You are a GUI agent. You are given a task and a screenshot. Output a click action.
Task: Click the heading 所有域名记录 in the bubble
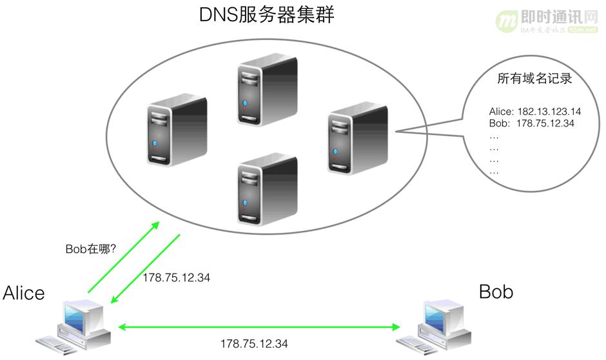click(535, 79)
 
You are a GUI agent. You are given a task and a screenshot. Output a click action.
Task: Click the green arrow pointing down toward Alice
click(146, 268)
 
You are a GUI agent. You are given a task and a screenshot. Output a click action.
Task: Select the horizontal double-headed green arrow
click(255, 328)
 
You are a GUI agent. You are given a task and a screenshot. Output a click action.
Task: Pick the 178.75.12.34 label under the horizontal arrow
click(254, 343)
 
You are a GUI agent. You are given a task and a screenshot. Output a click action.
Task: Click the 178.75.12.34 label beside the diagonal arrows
click(176, 277)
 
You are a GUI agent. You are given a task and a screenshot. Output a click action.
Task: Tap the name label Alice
click(24, 293)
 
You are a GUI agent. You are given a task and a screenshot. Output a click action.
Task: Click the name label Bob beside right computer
click(496, 292)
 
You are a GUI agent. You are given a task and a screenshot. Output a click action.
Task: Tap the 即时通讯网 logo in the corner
click(548, 23)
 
